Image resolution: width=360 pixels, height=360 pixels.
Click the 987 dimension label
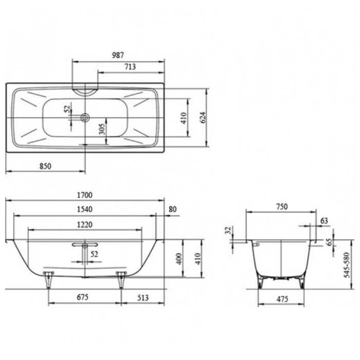118,55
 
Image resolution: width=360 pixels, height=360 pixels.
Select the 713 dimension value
130,67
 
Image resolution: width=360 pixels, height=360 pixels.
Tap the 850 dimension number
45,166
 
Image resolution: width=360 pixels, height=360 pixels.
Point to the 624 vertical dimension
203,118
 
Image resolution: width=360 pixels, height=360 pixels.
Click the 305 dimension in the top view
102,129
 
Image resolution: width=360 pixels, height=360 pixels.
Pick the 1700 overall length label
85,195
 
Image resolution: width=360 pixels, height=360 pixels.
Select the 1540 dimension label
85,210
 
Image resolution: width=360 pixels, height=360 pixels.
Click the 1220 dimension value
85,224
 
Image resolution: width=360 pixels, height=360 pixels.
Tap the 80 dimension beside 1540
173,210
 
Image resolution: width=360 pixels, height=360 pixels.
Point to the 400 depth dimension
179,259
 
